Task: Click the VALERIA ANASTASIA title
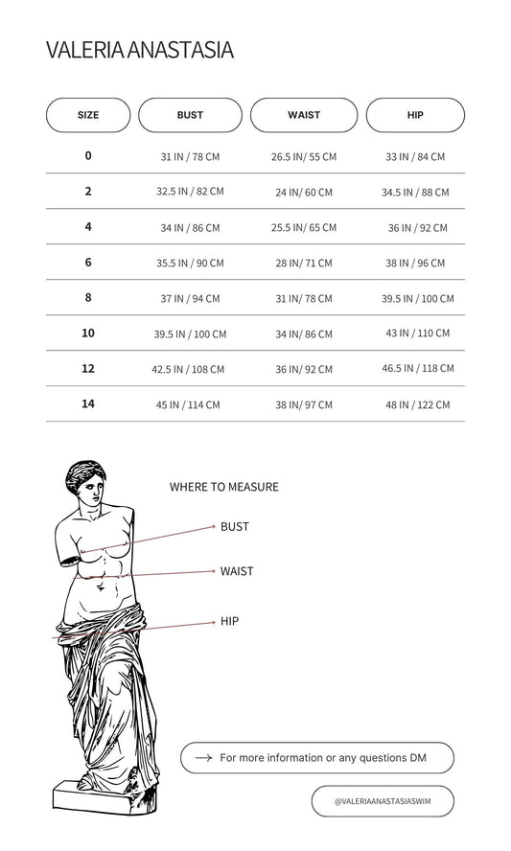click(140, 50)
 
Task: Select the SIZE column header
click(88, 115)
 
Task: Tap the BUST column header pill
click(190, 115)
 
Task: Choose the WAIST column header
click(304, 115)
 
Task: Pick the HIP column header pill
click(415, 115)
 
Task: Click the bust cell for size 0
click(190, 157)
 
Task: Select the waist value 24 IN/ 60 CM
click(304, 192)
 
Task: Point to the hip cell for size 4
click(418, 228)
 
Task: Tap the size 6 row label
click(88, 263)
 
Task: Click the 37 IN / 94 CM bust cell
click(190, 298)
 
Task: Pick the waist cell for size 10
click(304, 334)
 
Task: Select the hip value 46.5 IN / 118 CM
click(418, 369)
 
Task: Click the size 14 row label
click(88, 403)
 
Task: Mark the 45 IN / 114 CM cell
click(188, 404)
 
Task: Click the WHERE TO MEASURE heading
click(223, 487)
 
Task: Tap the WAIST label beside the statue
click(237, 571)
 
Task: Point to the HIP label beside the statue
click(229, 621)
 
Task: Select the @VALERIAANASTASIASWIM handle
click(383, 801)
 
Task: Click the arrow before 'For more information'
click(203, 758)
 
